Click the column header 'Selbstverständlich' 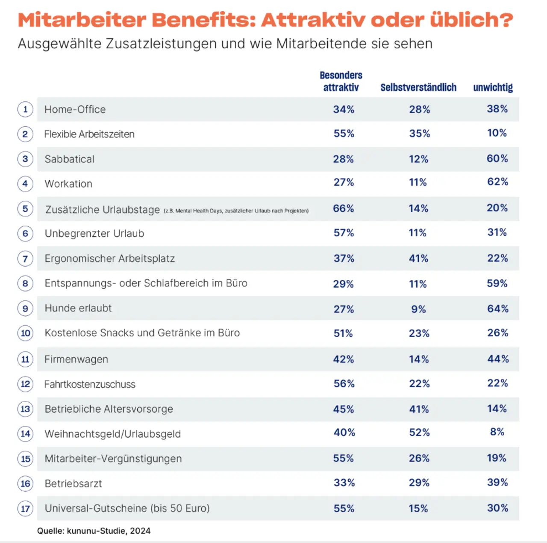pos(418,87)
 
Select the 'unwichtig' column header pos(493,87)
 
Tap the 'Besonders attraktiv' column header pos(341,81)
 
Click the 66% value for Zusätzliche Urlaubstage pos(344,208)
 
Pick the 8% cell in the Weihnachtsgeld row pos(497,432)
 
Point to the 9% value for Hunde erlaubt pos(418,309)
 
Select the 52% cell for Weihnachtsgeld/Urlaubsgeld pos(419,433)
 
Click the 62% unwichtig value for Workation pos(497,182)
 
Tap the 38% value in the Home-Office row pos(497,109)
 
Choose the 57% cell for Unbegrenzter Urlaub pos(344,233)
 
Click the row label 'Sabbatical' pos(69,159)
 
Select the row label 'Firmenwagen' pos(76,359)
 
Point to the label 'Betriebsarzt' pos(73,484)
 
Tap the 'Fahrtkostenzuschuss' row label pos(90,384)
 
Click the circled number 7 pos(25,258)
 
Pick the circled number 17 pos(25,509)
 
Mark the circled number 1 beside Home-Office pos(25,109)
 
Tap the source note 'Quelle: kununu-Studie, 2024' pos(94,531)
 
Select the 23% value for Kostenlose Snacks pos(419,333)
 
